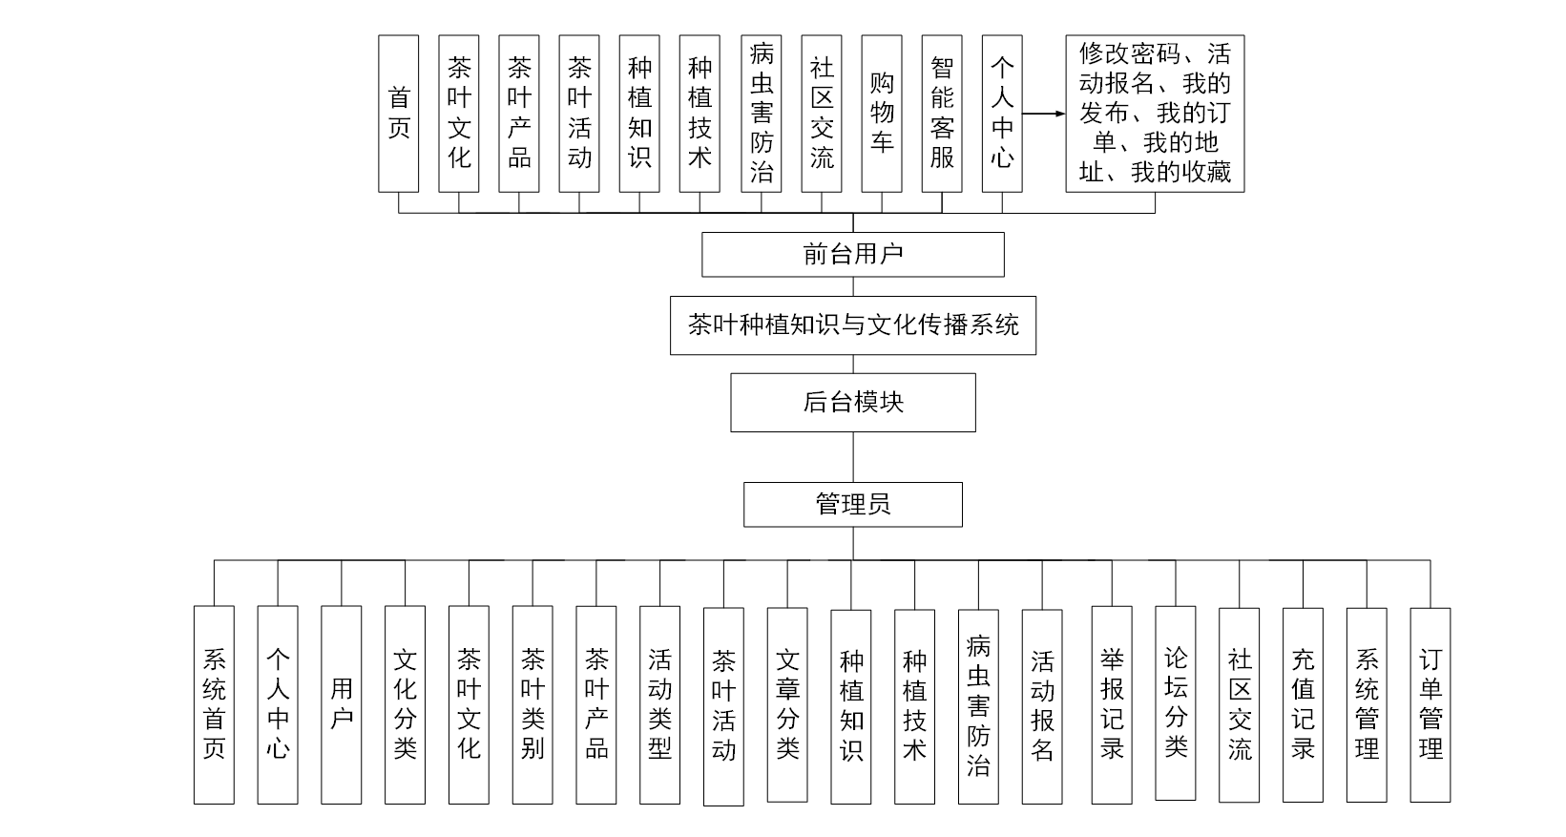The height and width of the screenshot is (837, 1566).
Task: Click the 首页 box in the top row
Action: click(398, 114)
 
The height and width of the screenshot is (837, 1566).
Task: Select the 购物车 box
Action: click(881, 114)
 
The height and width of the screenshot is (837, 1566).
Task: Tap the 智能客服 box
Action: click(942, 114)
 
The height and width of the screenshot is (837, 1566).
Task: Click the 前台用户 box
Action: click(852, 255)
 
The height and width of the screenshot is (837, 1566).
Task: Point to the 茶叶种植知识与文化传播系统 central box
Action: click(852, 325)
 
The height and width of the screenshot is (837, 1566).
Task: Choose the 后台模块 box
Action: click(852, 402)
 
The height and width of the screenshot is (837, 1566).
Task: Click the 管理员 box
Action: click(852, 504)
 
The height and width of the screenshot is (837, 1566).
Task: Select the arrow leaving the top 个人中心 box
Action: click(1043, 114)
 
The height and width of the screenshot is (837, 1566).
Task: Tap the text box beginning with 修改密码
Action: click(1155, 114)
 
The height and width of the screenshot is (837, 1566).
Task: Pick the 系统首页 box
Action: click(214, 703)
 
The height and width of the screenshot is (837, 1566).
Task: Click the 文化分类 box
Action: click(406, 703)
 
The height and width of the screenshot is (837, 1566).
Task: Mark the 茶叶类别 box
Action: click(532, 703)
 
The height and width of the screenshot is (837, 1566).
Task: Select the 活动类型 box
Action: click(660, 703)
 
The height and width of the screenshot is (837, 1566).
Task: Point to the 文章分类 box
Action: click(787, 703)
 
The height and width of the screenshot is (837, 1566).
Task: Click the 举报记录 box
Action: click(1112, 703)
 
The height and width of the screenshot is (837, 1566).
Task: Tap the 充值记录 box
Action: click(1303, 703)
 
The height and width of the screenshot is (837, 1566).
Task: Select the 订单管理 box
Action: click(1430, 703)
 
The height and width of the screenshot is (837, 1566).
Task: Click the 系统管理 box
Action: click(1367, 703)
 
